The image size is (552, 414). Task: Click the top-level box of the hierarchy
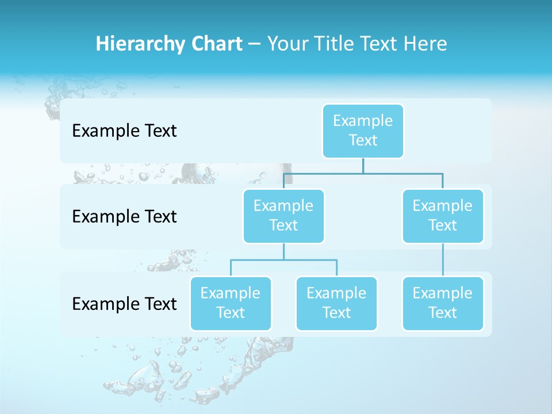coord(363,131)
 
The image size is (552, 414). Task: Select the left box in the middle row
coord(283,216)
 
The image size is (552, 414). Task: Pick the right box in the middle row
coord(442,216)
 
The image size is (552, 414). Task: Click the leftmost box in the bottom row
coord(231,303)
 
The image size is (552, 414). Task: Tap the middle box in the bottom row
coord(336,303)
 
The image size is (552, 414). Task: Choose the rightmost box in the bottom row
coord(442,303)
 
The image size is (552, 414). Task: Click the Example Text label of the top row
coord(124,131)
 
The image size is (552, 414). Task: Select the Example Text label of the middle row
coord(124,217)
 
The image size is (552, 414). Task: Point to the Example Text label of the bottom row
coord(124,304)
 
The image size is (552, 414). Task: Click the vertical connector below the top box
coord(363,166)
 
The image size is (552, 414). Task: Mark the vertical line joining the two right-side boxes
coord(443,260)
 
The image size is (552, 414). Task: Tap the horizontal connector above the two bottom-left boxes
coord(283,260)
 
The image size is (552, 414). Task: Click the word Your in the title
coord(286,44)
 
